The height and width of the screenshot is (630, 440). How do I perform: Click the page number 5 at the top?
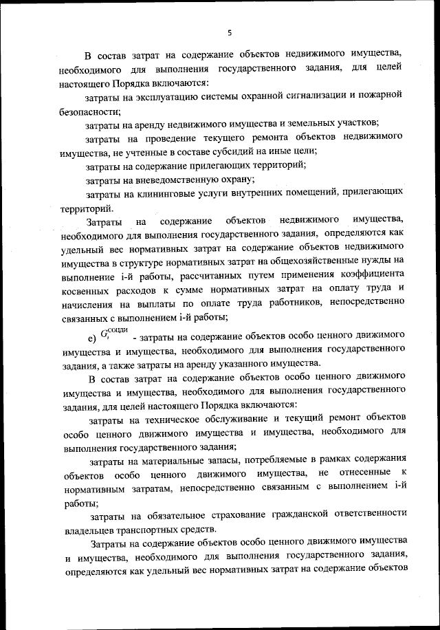click(230, 32)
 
